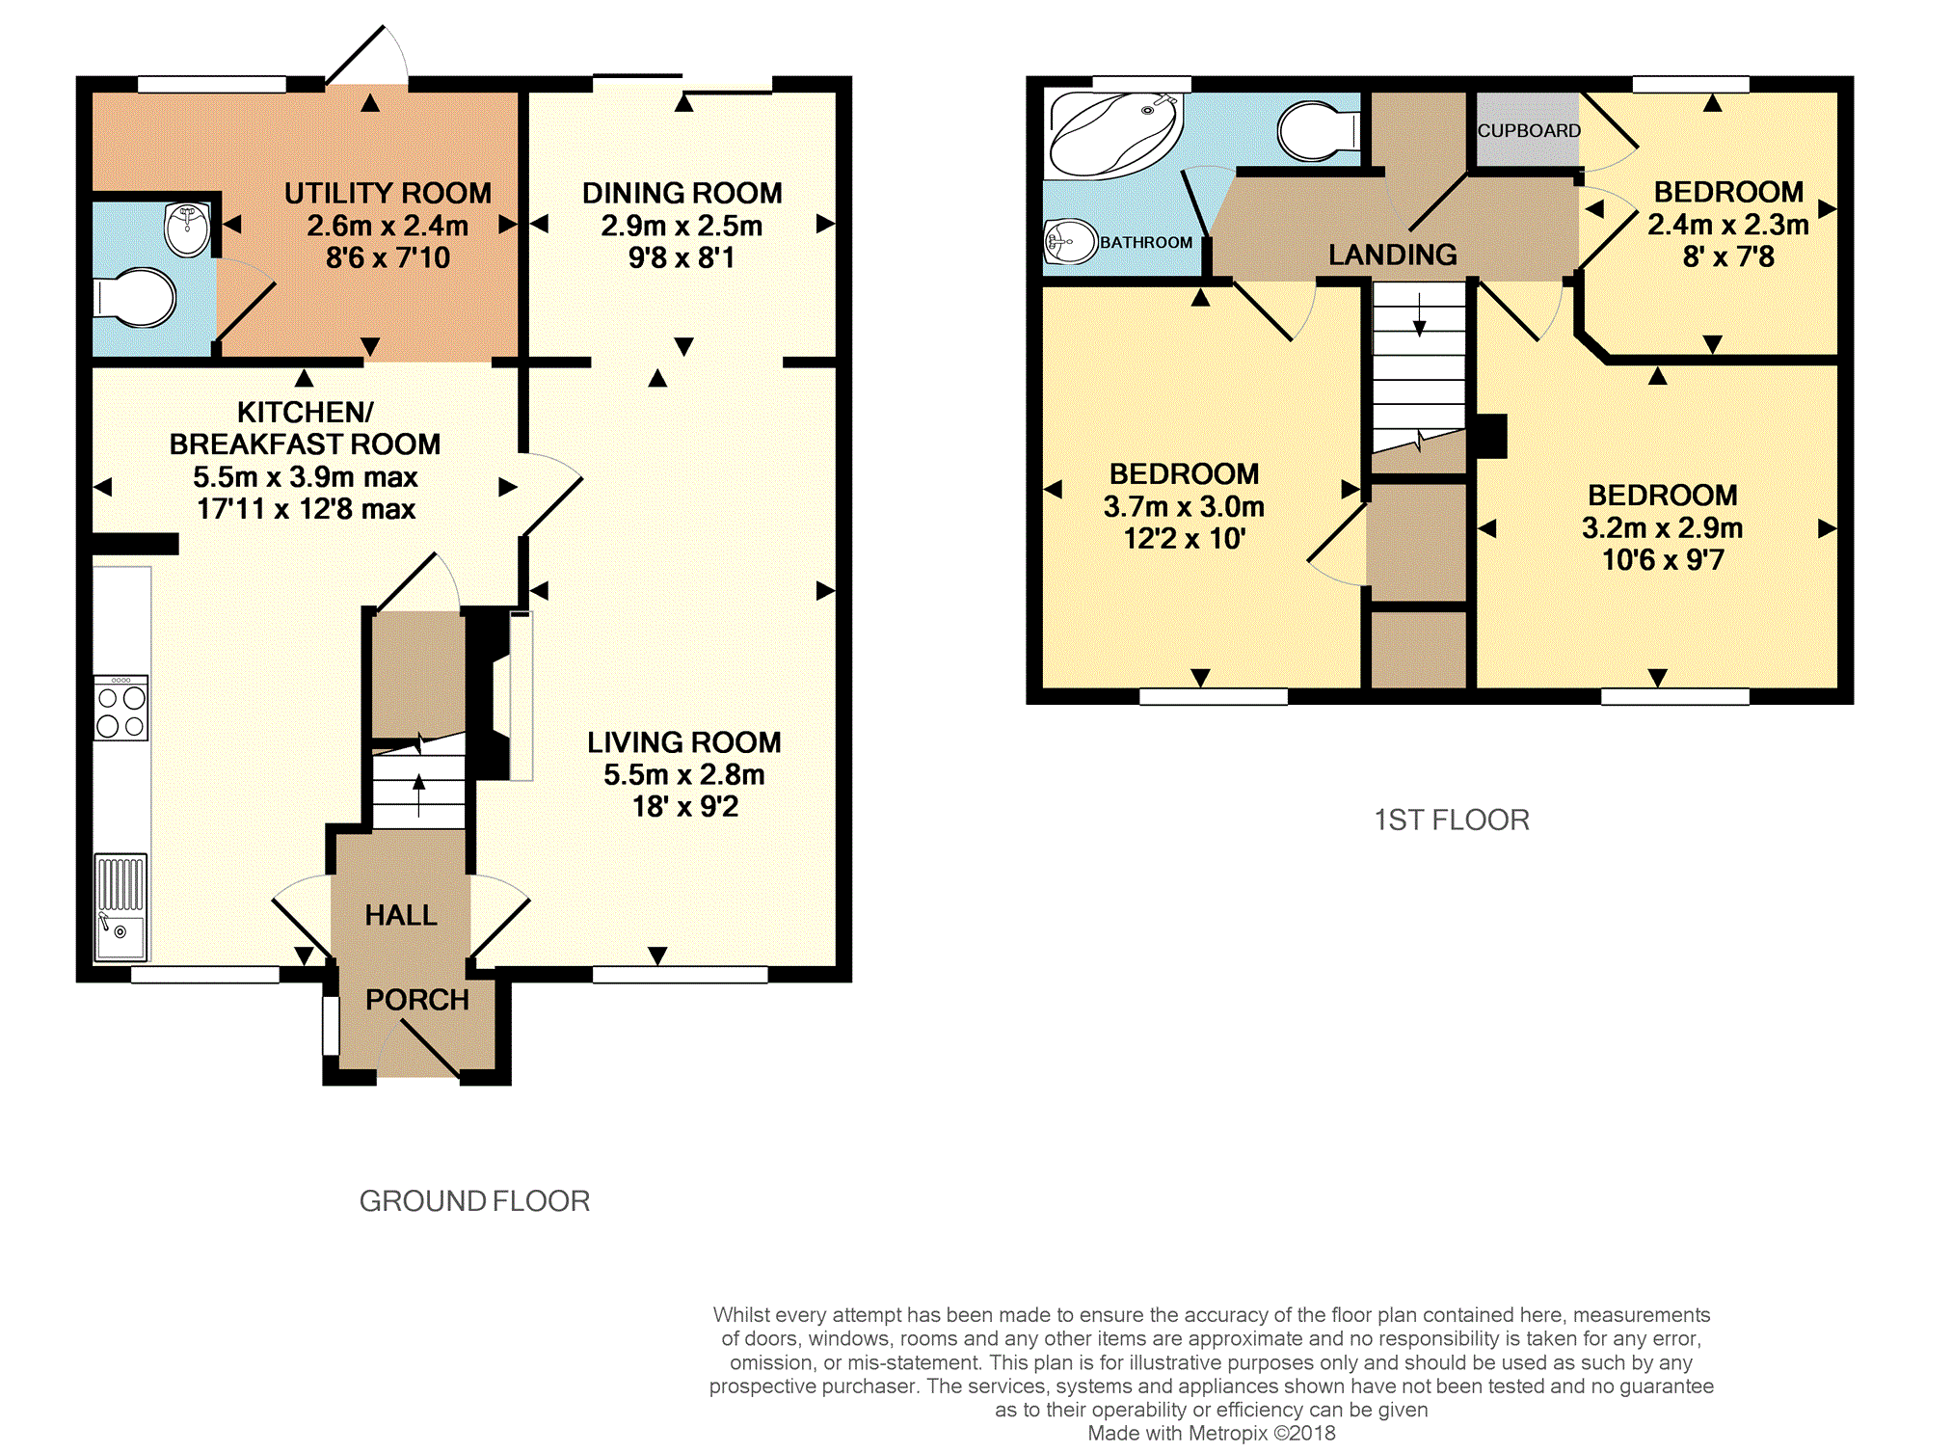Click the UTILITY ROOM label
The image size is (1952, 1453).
click(388, 193)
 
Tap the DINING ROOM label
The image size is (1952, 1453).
click(682, 193)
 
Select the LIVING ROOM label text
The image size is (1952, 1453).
click(684, 742)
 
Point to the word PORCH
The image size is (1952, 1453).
click(417, 1000)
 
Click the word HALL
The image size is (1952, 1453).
click(401, 915)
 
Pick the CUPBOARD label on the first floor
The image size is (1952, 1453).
click(1529, 130)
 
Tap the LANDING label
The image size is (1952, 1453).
click(1393, 255)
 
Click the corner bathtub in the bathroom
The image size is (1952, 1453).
click(1114, 135)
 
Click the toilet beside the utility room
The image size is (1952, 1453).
click(134, 298)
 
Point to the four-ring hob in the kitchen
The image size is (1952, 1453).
click(121, 709)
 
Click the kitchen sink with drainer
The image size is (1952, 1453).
click(121, 907)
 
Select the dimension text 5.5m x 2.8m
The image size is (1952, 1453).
click(684, 774)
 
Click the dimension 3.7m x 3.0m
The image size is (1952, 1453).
click(1184, 506)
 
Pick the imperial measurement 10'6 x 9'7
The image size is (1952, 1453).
click(1663, 559)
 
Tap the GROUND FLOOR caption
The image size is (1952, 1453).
click(474, 1201)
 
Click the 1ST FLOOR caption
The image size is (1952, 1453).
click(1452, 820)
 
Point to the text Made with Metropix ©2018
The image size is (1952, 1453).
click(1212, 1433)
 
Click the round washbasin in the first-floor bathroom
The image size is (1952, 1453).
click(1071, 241)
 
